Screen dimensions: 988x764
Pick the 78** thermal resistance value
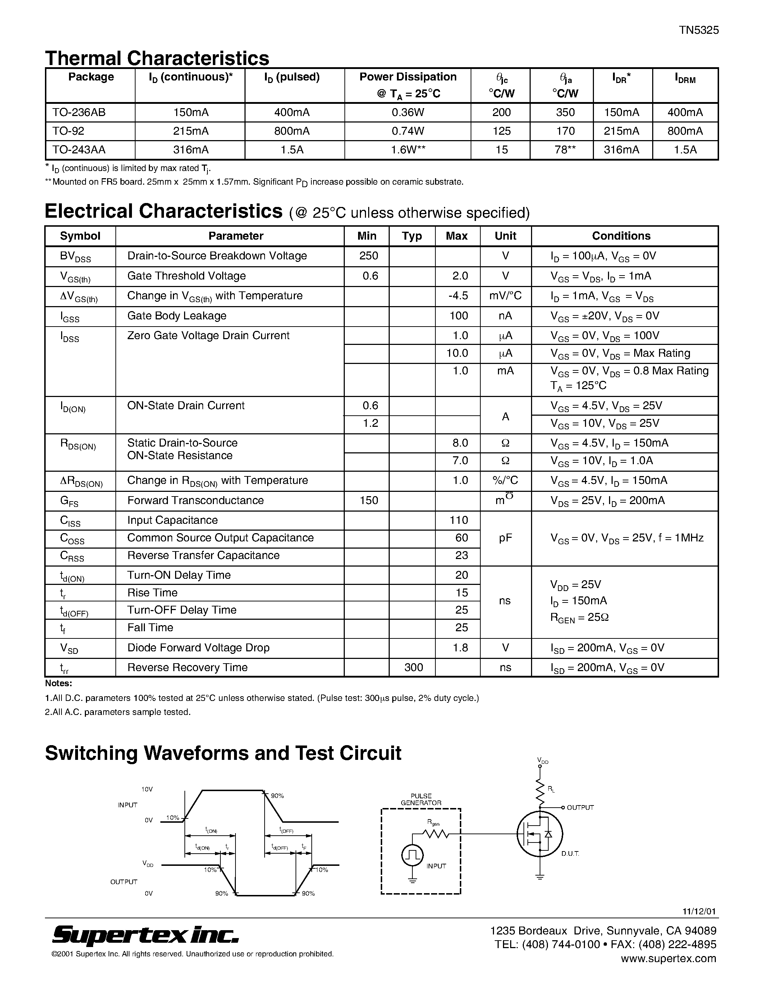[565, 150]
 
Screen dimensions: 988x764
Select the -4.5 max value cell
[458, 295]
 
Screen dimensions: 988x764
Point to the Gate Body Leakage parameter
[177, 315]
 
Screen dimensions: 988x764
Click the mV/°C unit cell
[505, 295]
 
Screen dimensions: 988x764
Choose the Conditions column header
[621, 236]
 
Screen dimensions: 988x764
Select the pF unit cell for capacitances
[505, 537]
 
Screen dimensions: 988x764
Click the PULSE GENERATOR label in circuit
[421, 799]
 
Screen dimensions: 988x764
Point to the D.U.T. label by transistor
[570, 854]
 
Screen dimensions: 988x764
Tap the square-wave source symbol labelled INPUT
[412, 855]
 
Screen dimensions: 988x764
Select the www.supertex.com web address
[668, 958]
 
